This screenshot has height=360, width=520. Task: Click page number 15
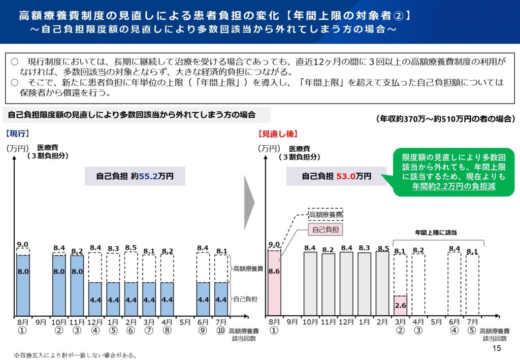pyautogui.click(x=497, y=348)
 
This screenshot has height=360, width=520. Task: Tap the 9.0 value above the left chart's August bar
pyautogui.click(x=23, y=244)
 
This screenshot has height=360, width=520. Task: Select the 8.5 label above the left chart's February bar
pyautogui.click(x=131, y=248)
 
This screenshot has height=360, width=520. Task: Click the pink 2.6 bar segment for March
pyautogui.click(x=401, y=305)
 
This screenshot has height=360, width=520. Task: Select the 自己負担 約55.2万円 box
pyautogui.click(x=135, y=176)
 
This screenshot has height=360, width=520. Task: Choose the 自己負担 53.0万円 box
pyautogui.click(x=336, y=176)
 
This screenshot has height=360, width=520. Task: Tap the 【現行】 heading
pyautogui.click(x=18, y=134)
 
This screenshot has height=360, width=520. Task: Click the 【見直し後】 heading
pyautogui.click(x=278, y=134)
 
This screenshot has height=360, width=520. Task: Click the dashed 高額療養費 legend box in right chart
pyautogui.click(x=326, y=214)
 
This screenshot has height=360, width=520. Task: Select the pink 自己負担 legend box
pyautogui.click(x=326, y=230)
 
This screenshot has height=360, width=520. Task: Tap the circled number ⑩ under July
pyautogui.click(x=221, y=331)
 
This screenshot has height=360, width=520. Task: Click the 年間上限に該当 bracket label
pyautogui.click(x=436, y=233)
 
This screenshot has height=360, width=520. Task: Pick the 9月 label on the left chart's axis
pyautogui.click(x=41, y=321)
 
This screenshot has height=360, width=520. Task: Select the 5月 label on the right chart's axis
pyautogui.click(x=436, y=321)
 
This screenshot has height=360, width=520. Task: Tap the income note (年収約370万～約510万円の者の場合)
pyautogui.click(x=445, y=119)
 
